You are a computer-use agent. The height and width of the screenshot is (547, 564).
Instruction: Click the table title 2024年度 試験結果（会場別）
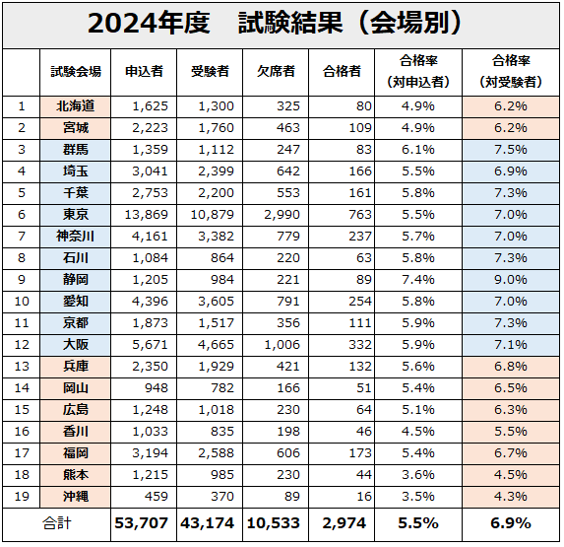(x=275, y=24)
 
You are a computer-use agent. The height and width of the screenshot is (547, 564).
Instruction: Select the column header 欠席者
(x=276, y=71)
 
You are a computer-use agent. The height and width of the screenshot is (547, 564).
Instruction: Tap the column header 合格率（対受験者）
(x=511, y=71)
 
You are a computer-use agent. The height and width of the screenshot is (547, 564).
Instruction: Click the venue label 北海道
(x=76, y=106)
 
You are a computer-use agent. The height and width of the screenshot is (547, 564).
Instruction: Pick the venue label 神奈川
(x=76, y=237)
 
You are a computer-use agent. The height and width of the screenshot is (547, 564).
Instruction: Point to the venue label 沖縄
(x=76, y=496)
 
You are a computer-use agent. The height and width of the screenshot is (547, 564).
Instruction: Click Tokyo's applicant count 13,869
(x=147, y=215)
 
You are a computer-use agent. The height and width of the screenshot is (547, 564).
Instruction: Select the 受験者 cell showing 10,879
(x=213, y=215)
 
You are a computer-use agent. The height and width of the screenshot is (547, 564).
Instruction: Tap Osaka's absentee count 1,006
(x=282, y=345)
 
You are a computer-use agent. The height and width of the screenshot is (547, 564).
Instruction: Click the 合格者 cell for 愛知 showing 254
(x=360, y=302)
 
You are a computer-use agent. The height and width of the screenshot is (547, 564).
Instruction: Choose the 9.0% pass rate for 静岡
(x=511, y=280)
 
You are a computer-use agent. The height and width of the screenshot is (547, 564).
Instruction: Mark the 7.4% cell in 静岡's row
(x=418, y=280)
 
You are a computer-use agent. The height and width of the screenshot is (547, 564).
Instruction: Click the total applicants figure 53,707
(x=142, y=523)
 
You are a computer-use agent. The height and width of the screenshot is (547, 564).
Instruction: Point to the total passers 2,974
(x=345, y=523)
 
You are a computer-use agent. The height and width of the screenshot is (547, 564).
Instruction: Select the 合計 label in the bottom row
(x=57, y=523)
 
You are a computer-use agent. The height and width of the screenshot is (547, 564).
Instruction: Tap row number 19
(x=22, y=496)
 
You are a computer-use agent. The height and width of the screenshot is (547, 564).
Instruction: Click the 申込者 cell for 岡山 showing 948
(x=157, y=388)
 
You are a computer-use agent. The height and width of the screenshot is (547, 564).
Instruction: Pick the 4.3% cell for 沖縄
(x=511, y=496)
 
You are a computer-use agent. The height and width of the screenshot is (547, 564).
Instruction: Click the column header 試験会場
(x=76, y=71)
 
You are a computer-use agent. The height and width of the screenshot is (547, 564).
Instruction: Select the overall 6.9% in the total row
(x=511, y=523)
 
